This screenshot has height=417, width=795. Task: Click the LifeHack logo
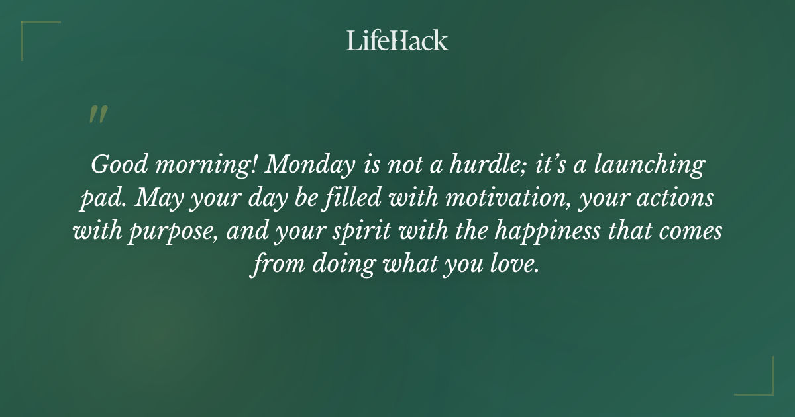(397, 40)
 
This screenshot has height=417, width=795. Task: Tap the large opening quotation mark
(97, 115)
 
